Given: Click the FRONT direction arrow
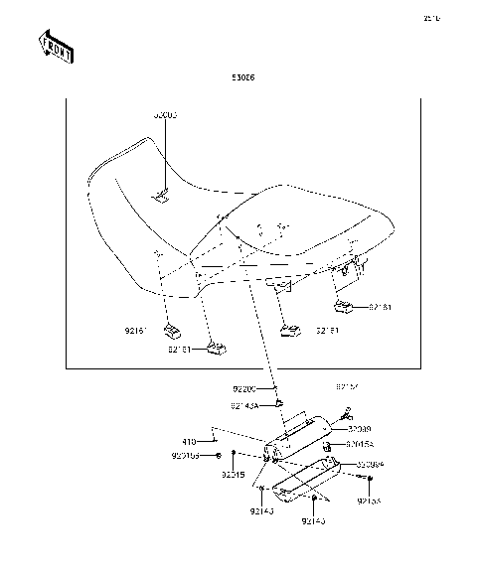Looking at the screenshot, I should tap(54, 47).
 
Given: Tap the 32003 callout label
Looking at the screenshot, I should tap(165, 115).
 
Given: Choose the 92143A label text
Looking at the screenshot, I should tap(244, 404).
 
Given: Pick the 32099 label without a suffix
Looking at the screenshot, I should tap(360, 429).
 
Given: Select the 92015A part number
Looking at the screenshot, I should tap(360, 445).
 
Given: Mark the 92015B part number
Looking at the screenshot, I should tap(185, 456).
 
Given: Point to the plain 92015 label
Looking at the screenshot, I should tap(234, 475).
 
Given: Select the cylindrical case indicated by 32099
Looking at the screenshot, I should tap(303, 437).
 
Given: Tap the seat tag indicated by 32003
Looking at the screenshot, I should tap(162, 198).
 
